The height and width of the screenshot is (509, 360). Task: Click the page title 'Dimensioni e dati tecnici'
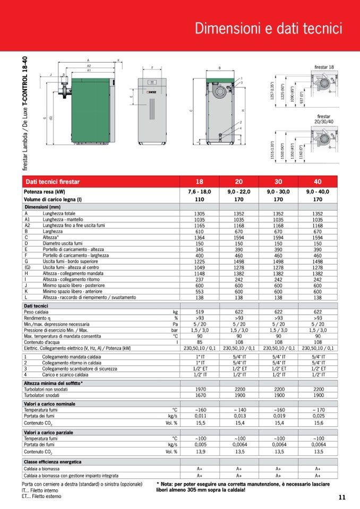click(268, 28)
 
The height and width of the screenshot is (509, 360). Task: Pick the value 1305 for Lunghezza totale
click(200, 213)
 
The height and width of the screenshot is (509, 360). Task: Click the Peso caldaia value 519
click(200, 312)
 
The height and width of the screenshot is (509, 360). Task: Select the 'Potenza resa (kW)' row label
click(45, 192)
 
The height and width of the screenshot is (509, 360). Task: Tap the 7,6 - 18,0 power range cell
click(200, 192)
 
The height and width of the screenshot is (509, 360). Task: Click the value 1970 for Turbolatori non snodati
click(200, 389)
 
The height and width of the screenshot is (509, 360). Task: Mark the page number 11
click(341, 497)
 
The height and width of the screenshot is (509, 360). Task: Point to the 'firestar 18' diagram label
click(324, 67)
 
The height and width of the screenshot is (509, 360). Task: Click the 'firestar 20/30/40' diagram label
click(324, 118)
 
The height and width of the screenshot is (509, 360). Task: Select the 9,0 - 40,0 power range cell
click(318, 192)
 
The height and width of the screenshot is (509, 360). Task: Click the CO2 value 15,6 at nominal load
click(318, 423)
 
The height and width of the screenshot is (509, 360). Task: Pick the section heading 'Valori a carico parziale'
click(48, 433)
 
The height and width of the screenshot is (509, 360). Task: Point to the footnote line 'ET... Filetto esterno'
click(41, 496)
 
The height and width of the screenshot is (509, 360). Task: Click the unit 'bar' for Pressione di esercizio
click(174, 330)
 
